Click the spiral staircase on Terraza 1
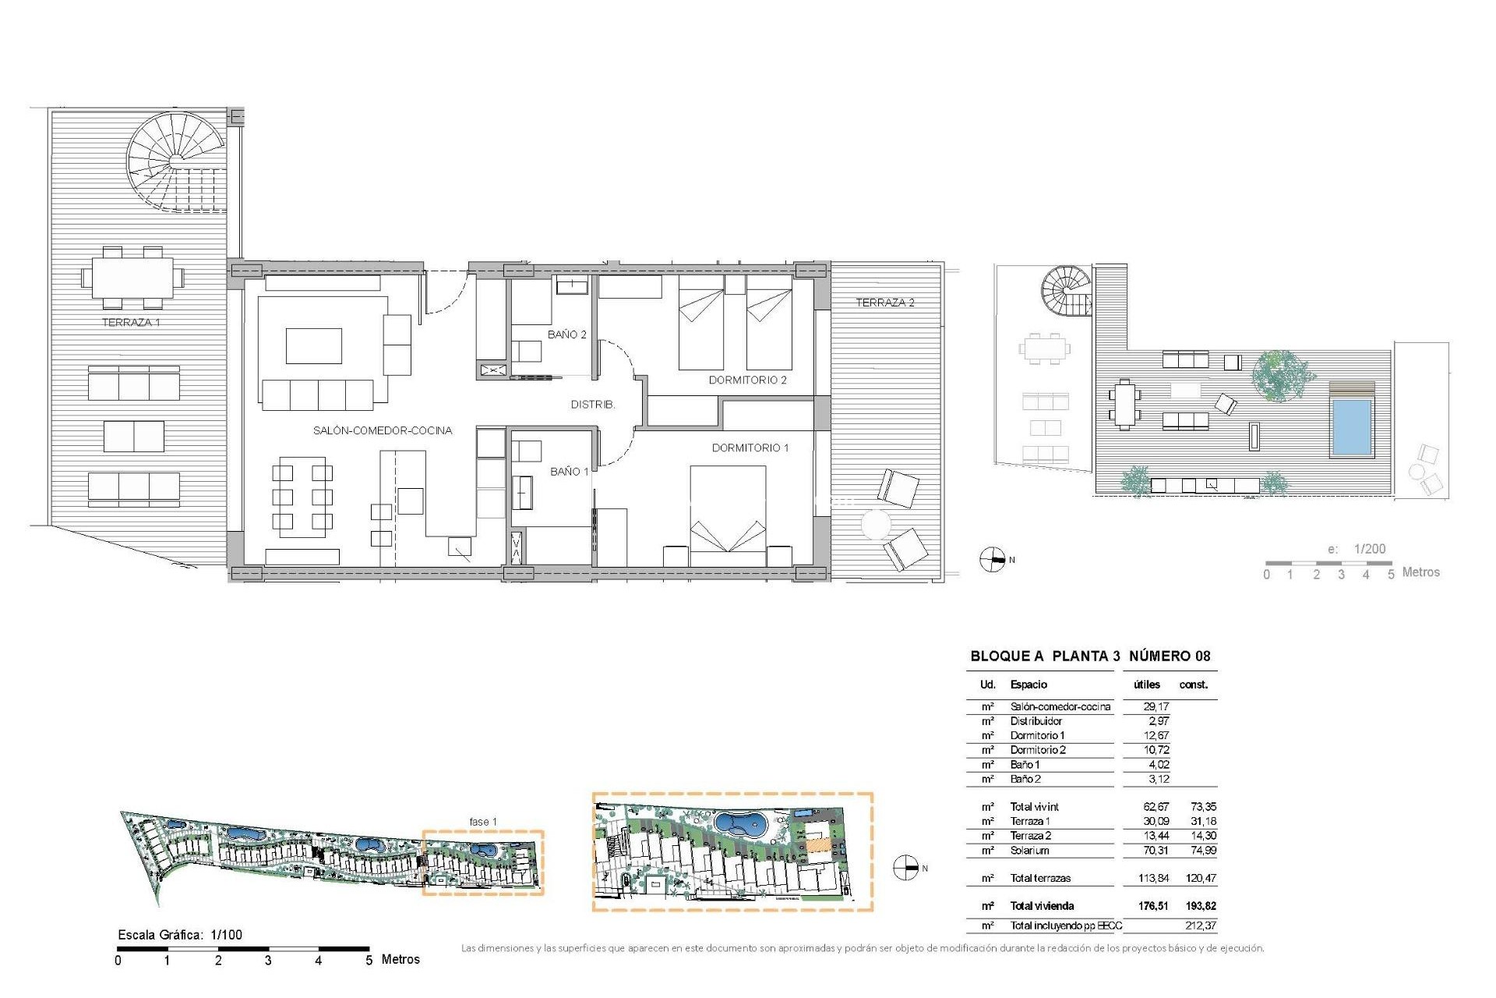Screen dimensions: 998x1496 coord(176,161)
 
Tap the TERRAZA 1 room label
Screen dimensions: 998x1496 coord(131,322)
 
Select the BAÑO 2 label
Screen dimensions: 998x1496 coord(566,334)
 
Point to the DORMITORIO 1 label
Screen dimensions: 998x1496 coord(750,448)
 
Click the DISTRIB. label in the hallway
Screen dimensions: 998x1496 coord(592,405)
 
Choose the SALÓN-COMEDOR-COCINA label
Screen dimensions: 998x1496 coord(382,430)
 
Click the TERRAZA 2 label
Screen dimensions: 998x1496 coord(885,303)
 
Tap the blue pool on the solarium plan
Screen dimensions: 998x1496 coord(1351,426)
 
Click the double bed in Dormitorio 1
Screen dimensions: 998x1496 coord(728,515)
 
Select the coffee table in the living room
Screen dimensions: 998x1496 coord(313,346)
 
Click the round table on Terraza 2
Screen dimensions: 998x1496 coord(875,524)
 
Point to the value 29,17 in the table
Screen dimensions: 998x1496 coord(1156,706)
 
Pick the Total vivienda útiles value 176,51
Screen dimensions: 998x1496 coord(1153,906)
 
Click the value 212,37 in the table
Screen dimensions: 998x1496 coord(1200,925)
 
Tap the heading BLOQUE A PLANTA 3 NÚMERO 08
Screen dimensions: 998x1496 coord(1090,656)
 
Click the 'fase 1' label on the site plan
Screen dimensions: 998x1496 coord(482,822)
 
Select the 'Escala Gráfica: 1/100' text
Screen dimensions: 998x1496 coord(180,935)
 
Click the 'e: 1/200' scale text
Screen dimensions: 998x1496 coord(1357,549)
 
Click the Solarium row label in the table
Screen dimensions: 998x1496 coord(1029,851)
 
